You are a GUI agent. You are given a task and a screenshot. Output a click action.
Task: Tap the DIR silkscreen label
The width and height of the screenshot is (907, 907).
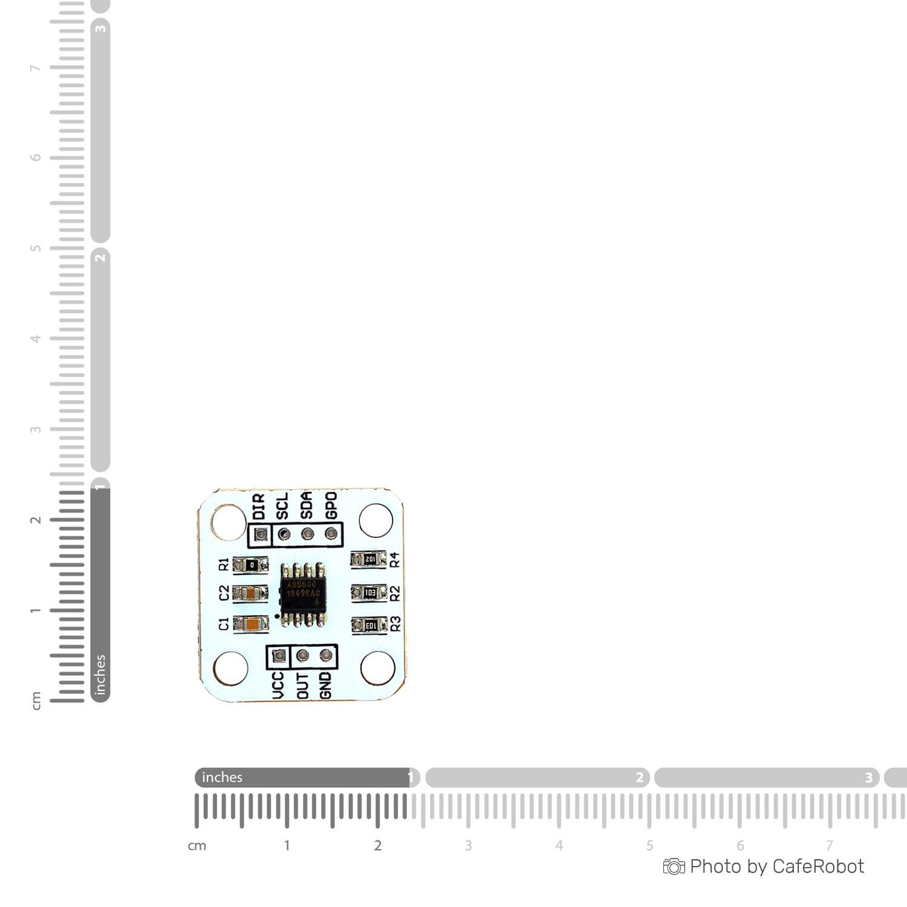259,506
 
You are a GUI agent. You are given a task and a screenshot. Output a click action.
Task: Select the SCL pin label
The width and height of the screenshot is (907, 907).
282,506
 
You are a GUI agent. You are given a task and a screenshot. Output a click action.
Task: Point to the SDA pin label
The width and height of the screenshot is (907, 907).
307,506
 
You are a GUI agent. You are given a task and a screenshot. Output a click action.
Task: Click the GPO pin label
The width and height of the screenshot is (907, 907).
331,506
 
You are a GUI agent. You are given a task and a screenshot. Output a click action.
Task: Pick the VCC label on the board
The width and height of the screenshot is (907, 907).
278,686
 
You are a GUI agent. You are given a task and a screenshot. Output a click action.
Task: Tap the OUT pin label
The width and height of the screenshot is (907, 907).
302,686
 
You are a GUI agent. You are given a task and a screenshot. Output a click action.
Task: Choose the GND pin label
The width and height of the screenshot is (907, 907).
326,686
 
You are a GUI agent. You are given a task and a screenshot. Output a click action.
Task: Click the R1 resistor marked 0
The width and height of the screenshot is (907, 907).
250,565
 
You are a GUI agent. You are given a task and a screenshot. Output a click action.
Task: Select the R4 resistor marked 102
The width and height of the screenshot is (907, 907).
369,559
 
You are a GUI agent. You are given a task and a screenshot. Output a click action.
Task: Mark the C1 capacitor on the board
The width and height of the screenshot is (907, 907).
250,624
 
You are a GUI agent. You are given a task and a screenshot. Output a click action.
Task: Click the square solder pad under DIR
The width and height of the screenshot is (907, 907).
261,535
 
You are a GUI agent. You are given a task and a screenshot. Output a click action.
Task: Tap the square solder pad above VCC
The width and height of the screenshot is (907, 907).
279,655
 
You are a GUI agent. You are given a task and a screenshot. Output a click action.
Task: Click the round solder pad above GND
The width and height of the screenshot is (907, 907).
326,655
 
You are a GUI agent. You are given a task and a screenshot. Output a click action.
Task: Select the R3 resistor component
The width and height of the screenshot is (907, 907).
369,625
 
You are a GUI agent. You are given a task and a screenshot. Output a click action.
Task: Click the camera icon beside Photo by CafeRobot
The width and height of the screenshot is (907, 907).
674,866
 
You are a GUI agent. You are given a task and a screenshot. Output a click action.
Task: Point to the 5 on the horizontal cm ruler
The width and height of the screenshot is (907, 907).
649,845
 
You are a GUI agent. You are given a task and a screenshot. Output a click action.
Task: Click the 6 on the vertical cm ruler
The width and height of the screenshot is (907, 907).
36,157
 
